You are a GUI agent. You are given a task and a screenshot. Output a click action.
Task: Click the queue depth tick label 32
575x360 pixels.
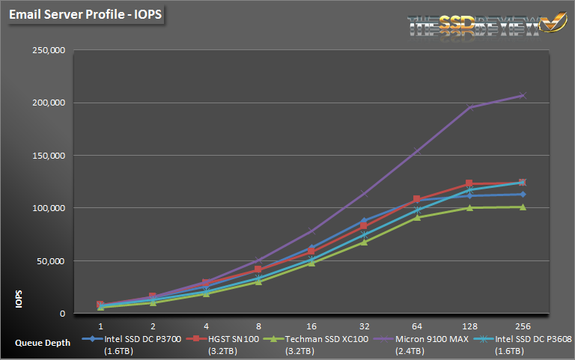pyautogui.click(x=364, y=326)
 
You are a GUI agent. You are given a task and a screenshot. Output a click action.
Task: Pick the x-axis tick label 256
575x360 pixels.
pyautogui.click(x=522, y=326)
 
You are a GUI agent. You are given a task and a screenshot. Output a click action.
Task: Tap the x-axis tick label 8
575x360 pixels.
pyautogui.click(x=258, y=326)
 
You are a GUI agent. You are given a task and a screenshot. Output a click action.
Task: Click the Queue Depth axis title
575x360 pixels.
pyautogui.click(x=43, y=343)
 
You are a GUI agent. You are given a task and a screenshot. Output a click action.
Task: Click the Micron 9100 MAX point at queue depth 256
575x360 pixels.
pyautogui.click(x=523, y=95)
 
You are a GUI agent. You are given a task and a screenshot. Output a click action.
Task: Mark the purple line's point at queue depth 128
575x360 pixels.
pyautogui.click(x=469, y=107)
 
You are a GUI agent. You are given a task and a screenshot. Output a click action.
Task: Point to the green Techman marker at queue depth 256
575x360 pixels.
pyautogui.click(x=523, y=207)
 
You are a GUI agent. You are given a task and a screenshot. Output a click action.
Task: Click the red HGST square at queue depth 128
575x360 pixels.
pyautogui.click(x=469, y=183)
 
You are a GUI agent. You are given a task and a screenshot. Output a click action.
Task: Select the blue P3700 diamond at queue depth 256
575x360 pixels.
pyautogui.click(x=523, y=195)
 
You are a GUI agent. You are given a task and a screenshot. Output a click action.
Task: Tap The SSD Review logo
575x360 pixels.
pyautogui.click(x=487, y=24)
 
